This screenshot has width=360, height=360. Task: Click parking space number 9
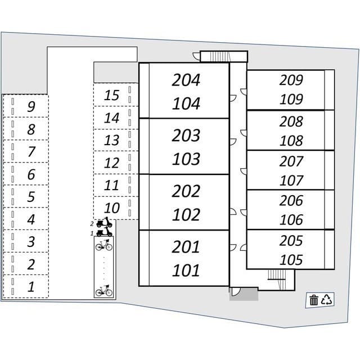[31, 106]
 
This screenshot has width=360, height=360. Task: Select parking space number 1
[31, 286]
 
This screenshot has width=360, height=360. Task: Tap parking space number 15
[112, 95]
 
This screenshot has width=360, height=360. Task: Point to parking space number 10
[112, 208]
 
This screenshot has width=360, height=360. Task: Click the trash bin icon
[313, 300]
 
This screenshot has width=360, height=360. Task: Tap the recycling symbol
[327, 300]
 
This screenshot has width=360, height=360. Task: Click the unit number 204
[186, 80]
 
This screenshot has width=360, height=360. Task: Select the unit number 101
[186, 271]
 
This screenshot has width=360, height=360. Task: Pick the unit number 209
[291, 80]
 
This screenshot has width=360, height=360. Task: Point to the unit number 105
[291, 260]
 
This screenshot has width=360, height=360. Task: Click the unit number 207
[291, 161]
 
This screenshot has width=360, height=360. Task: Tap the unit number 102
[186, 215]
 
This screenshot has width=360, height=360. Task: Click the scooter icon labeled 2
[104, 223]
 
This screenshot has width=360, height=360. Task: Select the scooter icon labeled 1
[104, 232]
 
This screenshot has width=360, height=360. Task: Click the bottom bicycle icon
[103, 290]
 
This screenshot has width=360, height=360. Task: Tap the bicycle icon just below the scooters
[103, 245]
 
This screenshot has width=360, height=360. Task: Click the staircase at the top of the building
[217, 56]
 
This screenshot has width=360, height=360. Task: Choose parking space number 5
[31, 196]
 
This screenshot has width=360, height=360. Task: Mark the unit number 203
[186, 136]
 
